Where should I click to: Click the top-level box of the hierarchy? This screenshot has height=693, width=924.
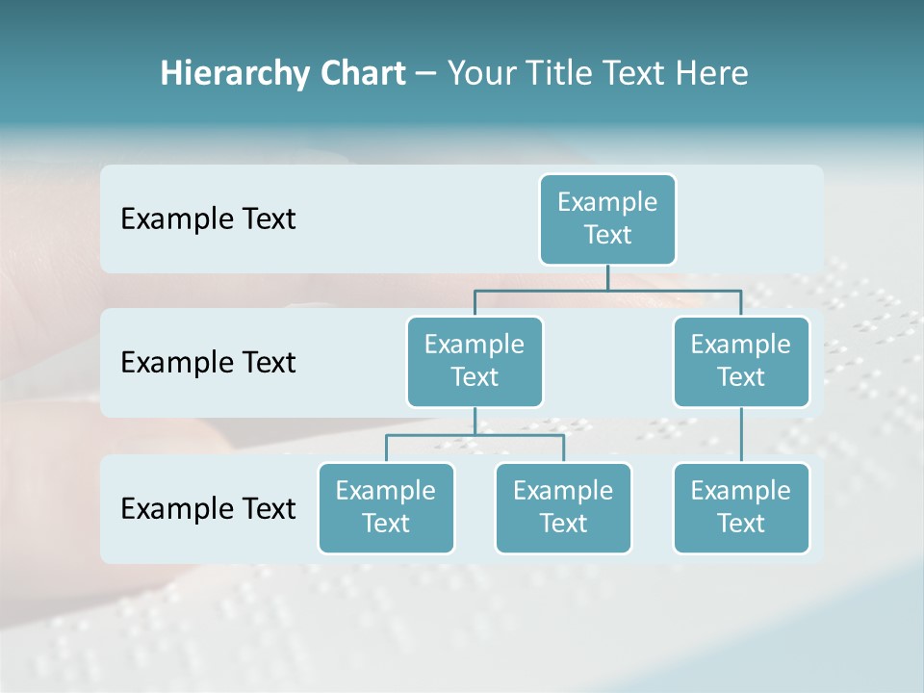tap(607, 218)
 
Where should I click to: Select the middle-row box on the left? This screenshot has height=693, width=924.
tap(475, 361)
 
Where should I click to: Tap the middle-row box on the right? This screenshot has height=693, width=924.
tap(741, 361)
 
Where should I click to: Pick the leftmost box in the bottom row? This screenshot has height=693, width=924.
tap(386, 507)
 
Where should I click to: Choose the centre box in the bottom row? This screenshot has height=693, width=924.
tap(563, 507)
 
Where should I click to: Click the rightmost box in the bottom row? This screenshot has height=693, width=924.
tap(741, 507)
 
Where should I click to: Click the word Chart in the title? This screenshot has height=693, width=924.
tap(357, 73)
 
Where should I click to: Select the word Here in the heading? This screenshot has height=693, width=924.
tap(714, 73)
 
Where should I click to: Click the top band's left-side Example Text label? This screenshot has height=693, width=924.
tap(208, 219)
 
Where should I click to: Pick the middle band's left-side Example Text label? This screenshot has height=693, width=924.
tap(208, 363)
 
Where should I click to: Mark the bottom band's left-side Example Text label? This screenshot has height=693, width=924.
tap(208, 509)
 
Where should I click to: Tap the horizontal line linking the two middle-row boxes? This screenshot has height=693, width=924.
tap(607, 289)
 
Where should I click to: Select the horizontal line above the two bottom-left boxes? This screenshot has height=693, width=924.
tap(475, 435)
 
